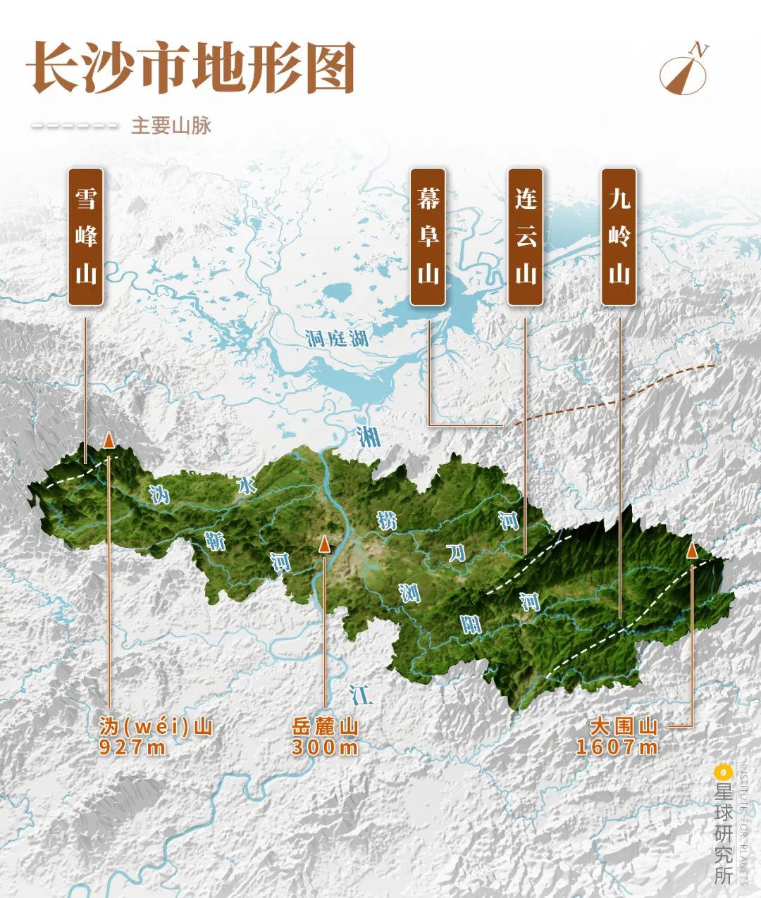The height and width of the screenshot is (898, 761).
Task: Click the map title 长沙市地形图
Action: coord(190,68)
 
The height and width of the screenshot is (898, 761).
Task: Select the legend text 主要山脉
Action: coord(171,126)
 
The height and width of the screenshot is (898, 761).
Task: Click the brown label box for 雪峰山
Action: coord(86,237)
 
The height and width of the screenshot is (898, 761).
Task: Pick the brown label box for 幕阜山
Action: coord(428,237)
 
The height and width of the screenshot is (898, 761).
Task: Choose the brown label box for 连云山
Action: coord(525,237)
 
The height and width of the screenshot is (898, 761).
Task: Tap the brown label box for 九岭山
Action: coord(619,237)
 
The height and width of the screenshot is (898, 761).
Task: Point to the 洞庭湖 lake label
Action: coord(338,339)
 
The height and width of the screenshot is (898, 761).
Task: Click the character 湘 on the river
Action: coord(367,437)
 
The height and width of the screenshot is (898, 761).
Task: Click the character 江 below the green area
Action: coord(361,694)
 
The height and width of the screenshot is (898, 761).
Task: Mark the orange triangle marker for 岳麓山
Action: coord(324,543)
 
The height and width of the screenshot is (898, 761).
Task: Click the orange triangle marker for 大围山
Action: coord(692,549)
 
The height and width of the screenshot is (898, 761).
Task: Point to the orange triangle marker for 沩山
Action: coord(109,440)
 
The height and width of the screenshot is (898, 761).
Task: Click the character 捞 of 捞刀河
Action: coord(387,521)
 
